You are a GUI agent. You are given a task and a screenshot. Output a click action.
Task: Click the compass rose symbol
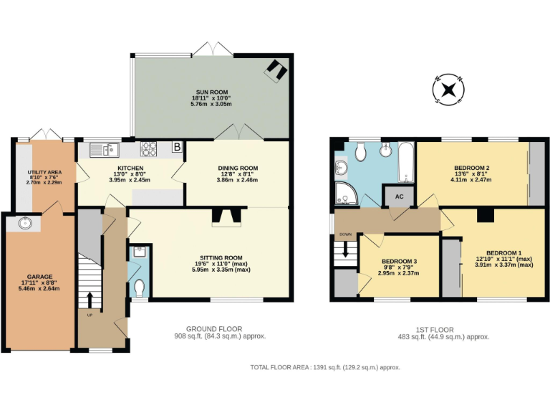click(449, 90)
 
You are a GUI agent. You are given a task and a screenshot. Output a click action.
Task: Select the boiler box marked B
click(177, 148)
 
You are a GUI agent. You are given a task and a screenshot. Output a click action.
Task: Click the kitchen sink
click(105, 149)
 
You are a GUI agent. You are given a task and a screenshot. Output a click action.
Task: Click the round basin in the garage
click(27, 223)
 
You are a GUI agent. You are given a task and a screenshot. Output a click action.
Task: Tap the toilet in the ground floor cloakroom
click(140, 287)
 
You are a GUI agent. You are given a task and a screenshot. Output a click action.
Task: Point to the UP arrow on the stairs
click(90, 298)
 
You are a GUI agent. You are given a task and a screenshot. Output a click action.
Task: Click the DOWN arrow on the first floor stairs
click(346, 249)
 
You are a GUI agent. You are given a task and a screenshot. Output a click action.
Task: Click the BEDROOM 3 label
click(398, 261)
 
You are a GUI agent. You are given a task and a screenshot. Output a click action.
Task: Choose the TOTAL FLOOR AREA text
click(324, 366)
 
